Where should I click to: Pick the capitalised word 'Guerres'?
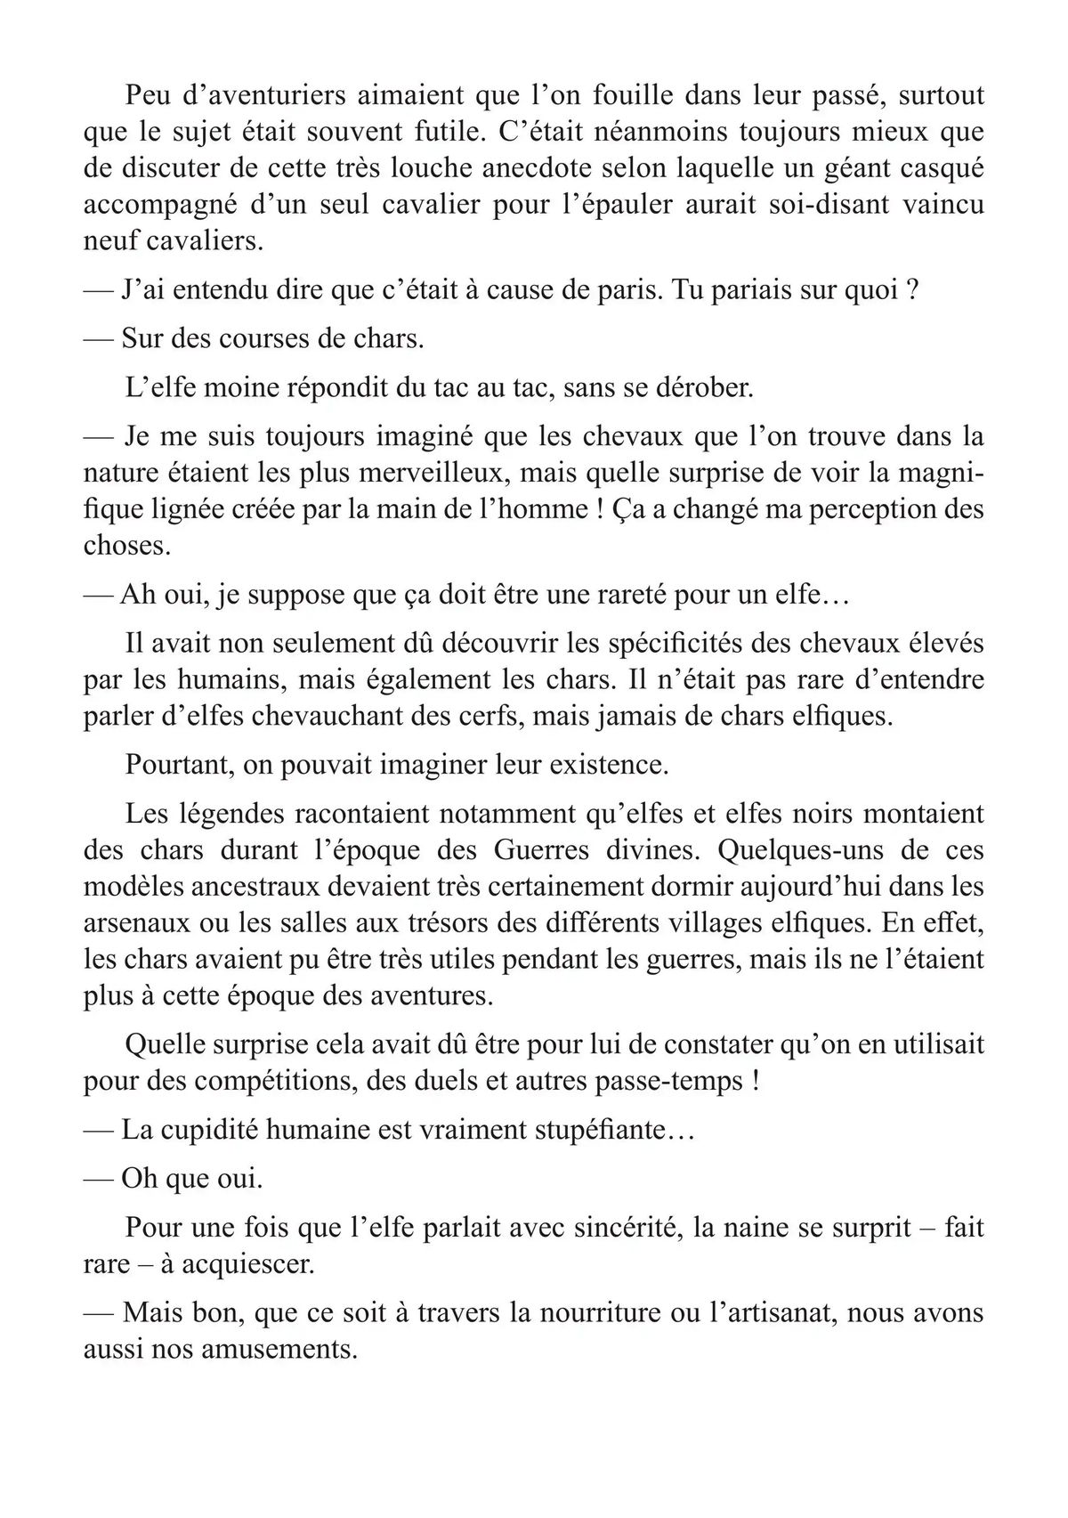(541, 849)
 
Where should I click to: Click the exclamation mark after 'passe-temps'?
(756, 1081)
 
